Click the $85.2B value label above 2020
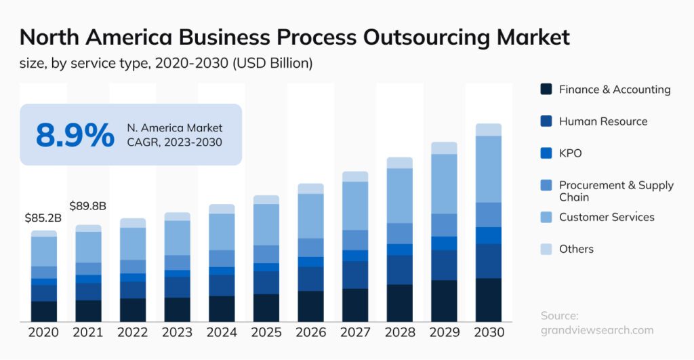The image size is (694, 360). point(43,218)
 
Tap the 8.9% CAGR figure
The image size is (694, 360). point(75,134)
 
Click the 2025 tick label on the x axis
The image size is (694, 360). point(266,332)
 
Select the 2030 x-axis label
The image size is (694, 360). point(489,332)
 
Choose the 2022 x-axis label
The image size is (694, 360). point(133,332)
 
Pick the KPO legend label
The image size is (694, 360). point(570,153)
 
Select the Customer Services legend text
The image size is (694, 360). point(606,217)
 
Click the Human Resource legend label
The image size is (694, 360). point(603,121)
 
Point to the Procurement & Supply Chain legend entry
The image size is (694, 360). point(615,191)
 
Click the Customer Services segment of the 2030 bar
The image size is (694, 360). point(489,169)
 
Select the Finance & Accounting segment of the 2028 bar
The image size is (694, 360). point(400,302)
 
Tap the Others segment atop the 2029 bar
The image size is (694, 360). point(444,148)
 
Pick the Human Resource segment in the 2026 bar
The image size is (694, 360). point(311,279)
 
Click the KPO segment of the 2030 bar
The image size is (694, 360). point(489,235)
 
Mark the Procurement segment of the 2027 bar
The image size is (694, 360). point(355,240)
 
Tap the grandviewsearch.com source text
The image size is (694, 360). point(597,330)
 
